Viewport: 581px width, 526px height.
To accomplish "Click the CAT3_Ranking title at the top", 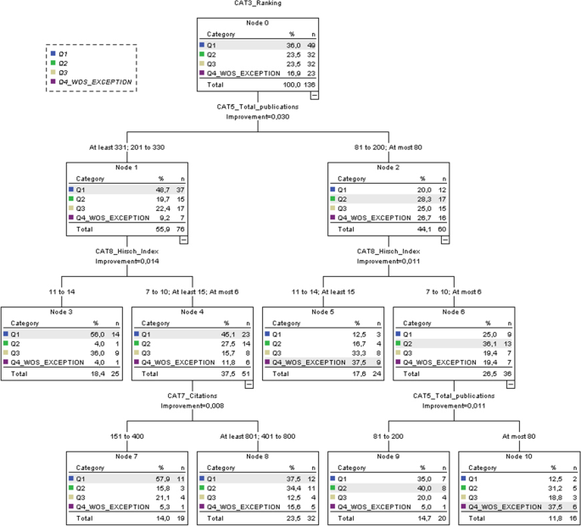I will click(258, 3).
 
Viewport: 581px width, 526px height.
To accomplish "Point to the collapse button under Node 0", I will click(315, 96).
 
